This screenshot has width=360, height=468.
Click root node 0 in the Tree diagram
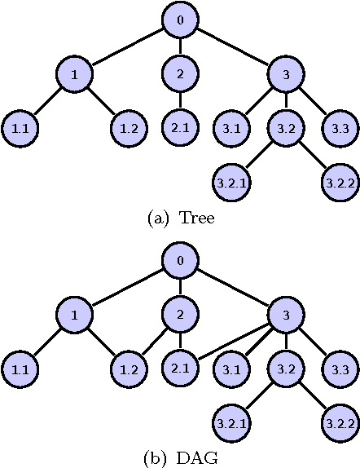[x=179, y=20]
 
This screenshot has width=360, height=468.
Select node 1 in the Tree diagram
[x=74, y=75]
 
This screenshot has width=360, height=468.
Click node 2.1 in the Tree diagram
[x=179, y=129]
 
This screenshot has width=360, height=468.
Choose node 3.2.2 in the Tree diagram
[x=338, y=182]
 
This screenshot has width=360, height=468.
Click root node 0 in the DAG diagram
[x=179, y=262]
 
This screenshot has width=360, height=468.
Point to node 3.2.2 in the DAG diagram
[x=338, y=423]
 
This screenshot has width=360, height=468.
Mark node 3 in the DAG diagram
[x=285, y=316]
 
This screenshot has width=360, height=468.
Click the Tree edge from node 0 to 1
[x=126, y=47]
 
